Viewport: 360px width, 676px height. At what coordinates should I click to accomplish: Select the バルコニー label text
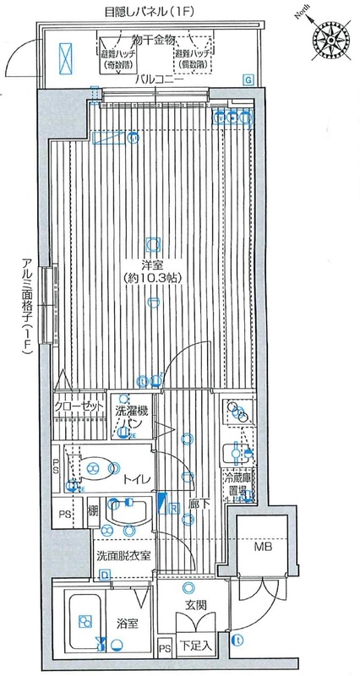[161, 79]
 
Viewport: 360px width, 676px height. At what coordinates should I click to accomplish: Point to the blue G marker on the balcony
[247, 79]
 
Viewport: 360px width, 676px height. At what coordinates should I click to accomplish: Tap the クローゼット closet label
[79, 406]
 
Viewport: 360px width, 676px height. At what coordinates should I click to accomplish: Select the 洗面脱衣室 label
[123, 555]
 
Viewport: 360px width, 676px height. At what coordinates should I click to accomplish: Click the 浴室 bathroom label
[127, 623]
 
